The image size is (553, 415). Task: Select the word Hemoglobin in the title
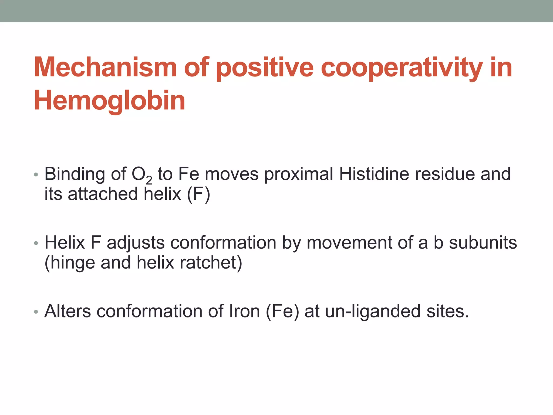click(109, 100)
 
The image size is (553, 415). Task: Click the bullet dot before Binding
click(36, 175)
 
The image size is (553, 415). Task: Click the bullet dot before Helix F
click(36, 243)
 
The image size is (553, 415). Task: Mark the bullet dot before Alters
click(36, 312)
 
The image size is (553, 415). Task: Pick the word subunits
click(483, 242)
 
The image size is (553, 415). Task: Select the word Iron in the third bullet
click(244, 311)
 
